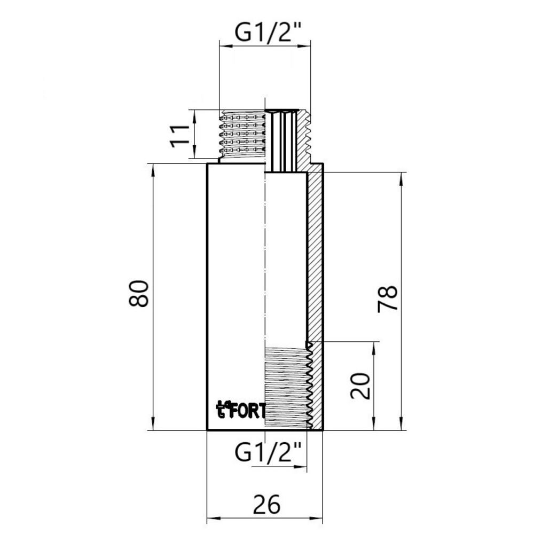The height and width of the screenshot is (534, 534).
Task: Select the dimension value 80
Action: [139, 293]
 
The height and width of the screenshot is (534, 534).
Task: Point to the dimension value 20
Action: [362, 386]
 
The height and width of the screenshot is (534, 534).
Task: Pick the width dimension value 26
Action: [265, 504]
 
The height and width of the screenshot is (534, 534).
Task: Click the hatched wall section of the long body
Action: [316, 256]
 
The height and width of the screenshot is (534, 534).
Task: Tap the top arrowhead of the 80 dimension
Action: [153, 167]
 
